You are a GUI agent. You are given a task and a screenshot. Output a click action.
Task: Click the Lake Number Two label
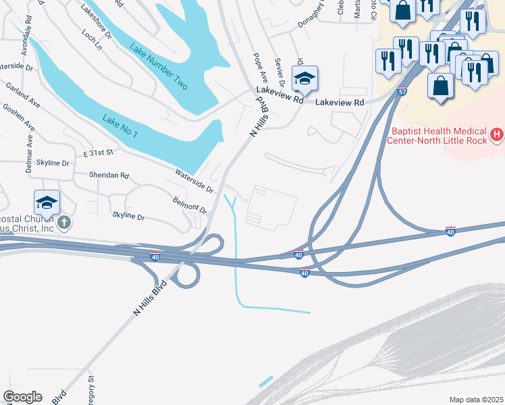point(159,66)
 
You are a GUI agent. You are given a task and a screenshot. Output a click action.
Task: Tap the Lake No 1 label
point(120,126)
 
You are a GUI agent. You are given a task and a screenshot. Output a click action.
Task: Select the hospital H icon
point(498,135)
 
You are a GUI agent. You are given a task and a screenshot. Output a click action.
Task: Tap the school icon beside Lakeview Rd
point(304,79)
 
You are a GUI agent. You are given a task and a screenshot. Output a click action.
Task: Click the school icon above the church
point(47,202)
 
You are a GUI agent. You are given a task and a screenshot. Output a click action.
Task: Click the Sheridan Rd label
point(109,175)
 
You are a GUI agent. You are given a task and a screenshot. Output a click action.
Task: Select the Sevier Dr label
point(280,72)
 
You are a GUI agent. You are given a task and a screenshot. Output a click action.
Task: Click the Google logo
point(23,397)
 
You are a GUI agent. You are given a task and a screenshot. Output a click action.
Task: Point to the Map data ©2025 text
point(476,400)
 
